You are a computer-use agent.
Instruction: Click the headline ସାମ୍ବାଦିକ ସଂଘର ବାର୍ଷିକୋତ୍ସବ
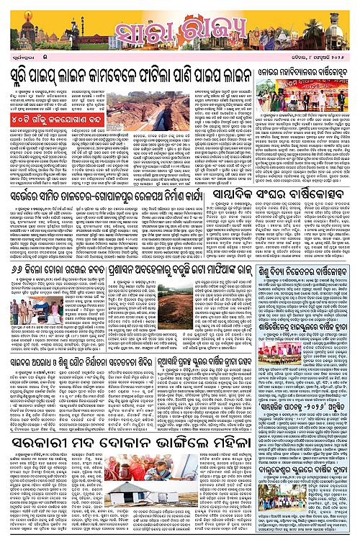click(300, 192)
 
